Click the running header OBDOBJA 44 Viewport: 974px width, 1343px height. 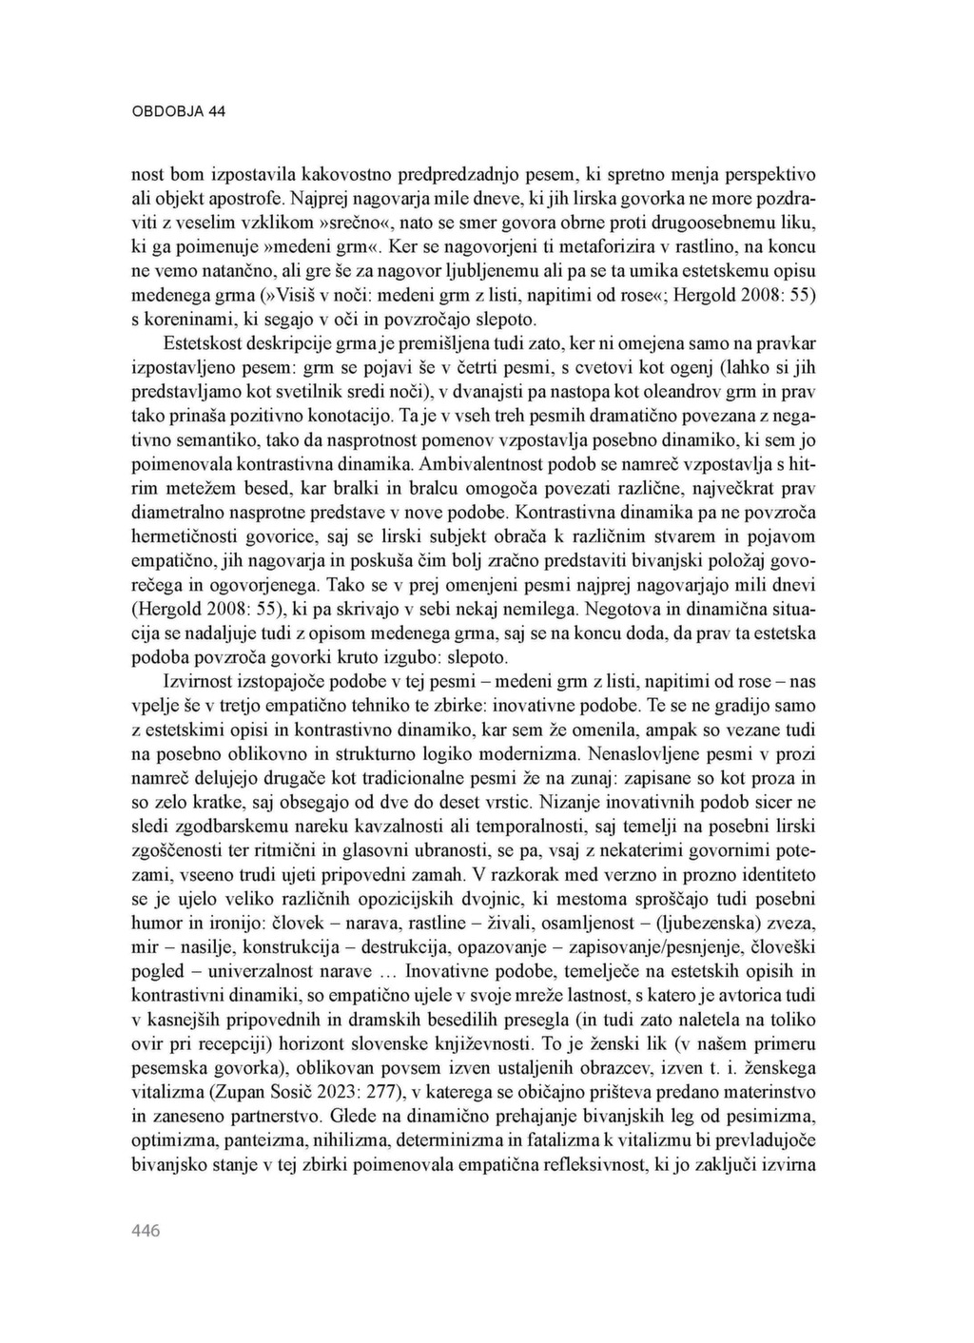pyautogui.click(x=178, y=111)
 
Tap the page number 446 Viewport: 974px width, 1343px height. pyautogui.click(x=146, y=1231)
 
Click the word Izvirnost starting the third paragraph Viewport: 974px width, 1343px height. pyautogui.click(x=200, y=682)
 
